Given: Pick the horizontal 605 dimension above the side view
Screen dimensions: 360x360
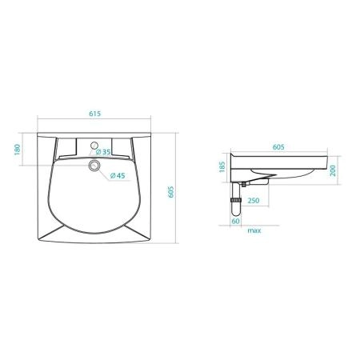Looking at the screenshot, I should (279, 147).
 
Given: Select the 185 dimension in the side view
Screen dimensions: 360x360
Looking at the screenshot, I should (222, 170).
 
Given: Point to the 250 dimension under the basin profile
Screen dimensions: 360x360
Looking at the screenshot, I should (252, 201).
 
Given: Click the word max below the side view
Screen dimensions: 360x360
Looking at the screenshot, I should (254, 230).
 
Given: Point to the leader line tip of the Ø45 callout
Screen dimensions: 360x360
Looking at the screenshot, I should (98, 168).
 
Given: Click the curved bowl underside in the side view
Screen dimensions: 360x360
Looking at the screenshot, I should (272, 178).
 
